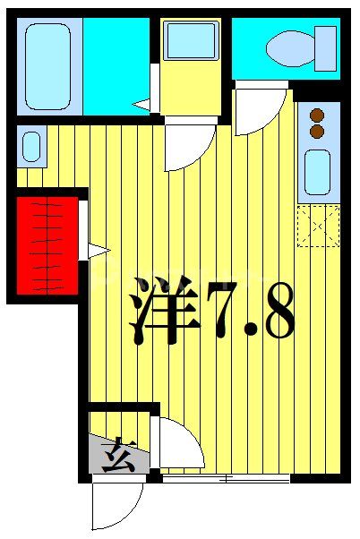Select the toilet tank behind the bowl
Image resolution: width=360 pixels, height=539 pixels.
(324, 47)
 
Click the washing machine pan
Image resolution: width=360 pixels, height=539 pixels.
(192, 41)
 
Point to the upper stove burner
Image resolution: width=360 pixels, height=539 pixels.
(316, 115)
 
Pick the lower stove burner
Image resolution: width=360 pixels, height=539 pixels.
(316, 131)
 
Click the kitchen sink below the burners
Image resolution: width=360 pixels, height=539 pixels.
(317, 171)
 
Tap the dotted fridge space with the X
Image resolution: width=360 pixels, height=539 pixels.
(318, 226)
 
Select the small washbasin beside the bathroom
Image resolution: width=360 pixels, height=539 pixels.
(30, 147)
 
